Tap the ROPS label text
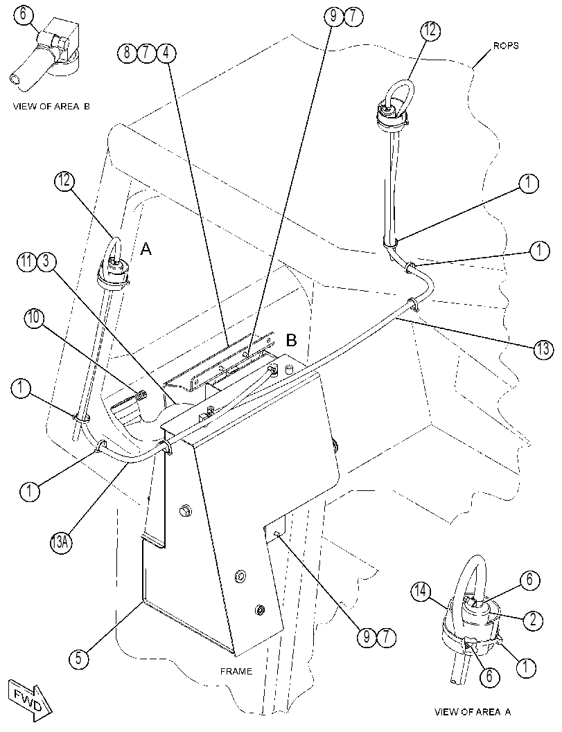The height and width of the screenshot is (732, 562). click(506, 46)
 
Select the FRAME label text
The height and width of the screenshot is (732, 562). click(236, 671)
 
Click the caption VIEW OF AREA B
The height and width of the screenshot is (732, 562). click(51, 107)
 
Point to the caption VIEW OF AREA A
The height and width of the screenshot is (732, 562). click(473, 713)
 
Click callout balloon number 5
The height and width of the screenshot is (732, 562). click(78, 659)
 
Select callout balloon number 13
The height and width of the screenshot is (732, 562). click(543, 350)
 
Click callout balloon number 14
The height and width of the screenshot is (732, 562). click(421, 592)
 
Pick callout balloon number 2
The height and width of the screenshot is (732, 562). click(533, 620)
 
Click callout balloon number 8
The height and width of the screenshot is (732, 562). click(127, 53)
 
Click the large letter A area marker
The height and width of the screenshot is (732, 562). click(146, 250)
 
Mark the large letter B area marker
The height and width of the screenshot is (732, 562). click(291, 341)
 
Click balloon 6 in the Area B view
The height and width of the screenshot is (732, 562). click(24, 15)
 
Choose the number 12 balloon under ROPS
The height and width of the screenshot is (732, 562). click(430, 30)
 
